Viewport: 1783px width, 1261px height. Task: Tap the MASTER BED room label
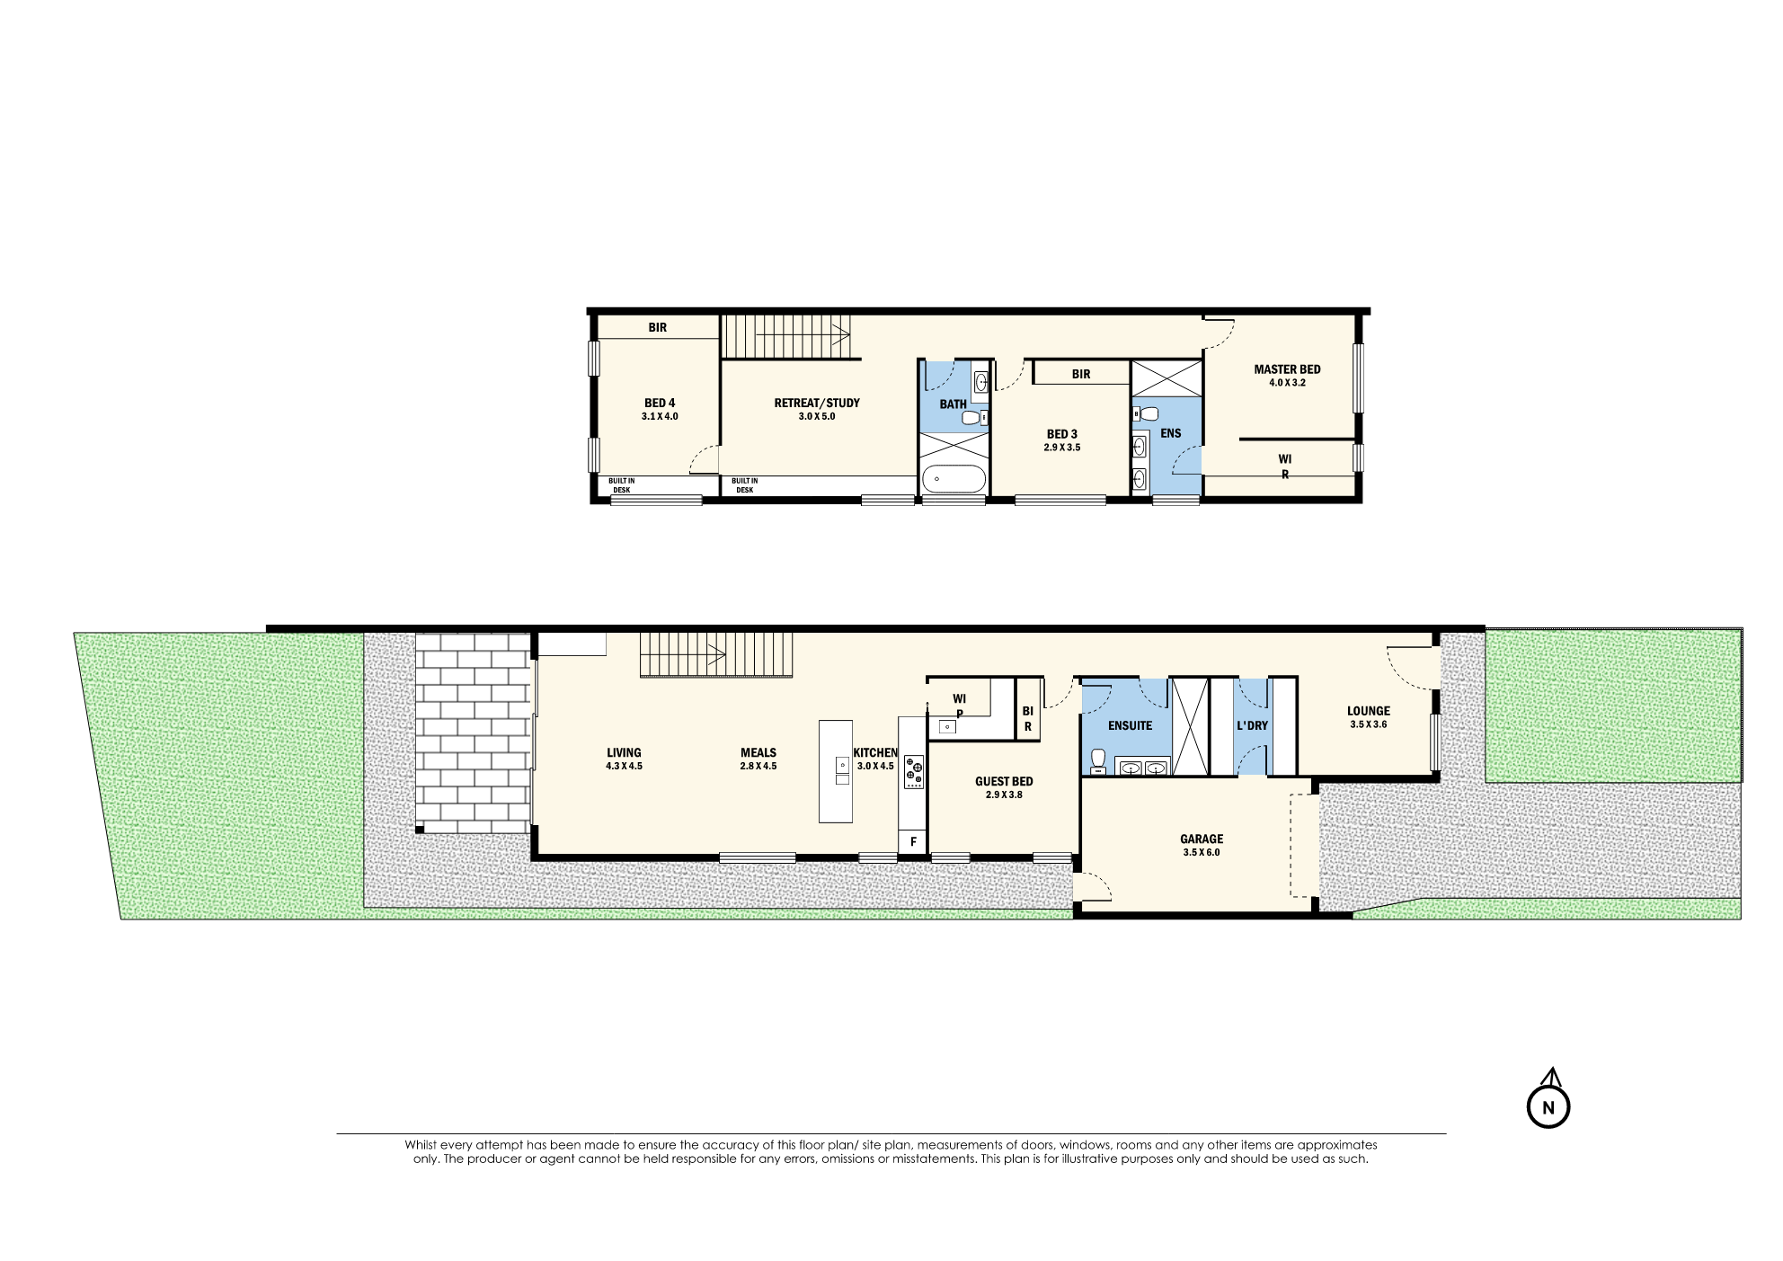[1287, 369]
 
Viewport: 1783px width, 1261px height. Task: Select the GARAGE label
[1202, 839]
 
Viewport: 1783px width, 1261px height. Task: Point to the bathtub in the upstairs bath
[954, 478]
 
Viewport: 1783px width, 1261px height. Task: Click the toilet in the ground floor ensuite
[1097, 761]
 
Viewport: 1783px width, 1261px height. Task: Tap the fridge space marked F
[913, 842]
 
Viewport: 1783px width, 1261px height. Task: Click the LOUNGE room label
[1368, 711]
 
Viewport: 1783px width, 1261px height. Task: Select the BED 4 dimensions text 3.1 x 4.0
[660, 417]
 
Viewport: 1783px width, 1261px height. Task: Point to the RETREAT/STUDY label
[817, 404]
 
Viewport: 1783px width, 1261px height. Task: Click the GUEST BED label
[1004, 782]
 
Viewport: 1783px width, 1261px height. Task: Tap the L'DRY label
[1252, 726]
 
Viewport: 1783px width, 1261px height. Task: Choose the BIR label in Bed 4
[658, 328]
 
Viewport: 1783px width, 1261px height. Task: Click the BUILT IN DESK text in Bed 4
[621, 485]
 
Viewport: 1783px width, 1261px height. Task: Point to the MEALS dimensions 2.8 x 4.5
[758, 767]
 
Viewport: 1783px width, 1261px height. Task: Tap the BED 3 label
[1061, 434]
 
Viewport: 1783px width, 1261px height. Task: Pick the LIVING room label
[624, 753]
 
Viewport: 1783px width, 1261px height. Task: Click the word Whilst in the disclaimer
[420, 1145]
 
